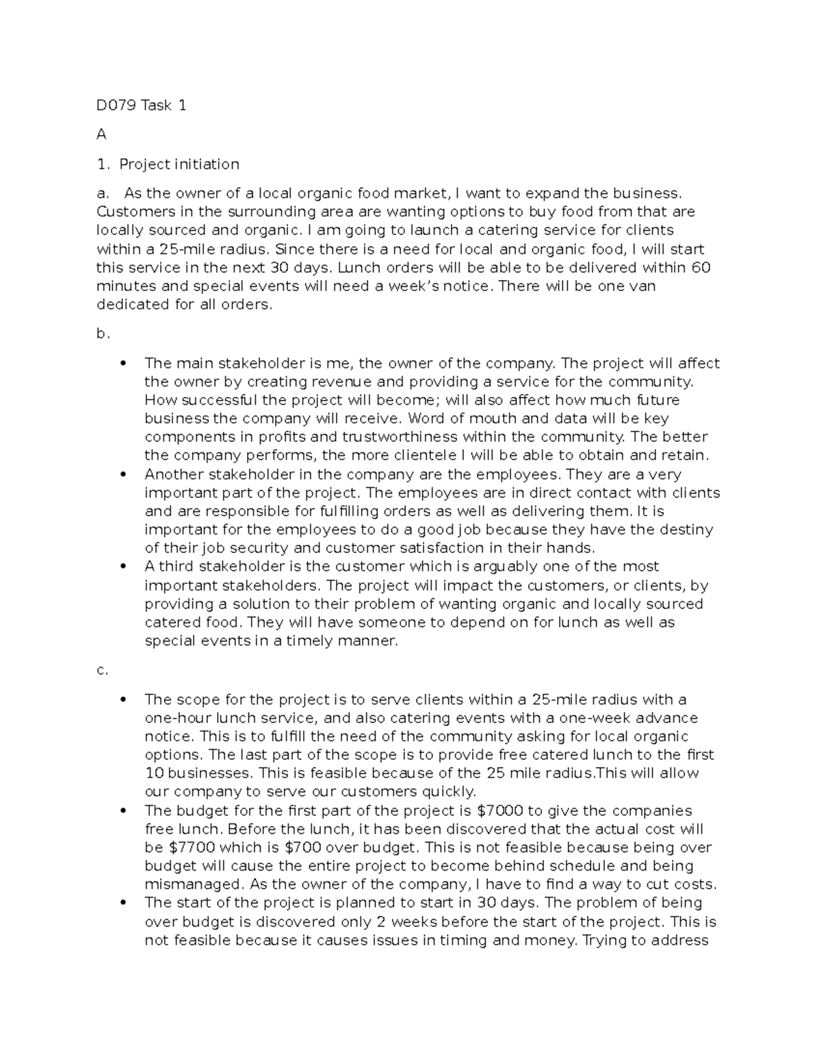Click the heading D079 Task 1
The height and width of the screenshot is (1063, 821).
(141, 105)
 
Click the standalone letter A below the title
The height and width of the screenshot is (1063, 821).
(101, 135)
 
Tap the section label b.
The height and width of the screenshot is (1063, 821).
(103, 334)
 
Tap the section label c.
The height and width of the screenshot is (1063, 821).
(102, 670)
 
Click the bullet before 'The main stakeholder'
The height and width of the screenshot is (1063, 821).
(123, 363)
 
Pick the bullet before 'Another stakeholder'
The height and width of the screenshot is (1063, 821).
(123, 474)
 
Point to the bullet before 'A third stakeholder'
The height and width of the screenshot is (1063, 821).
(123, 567)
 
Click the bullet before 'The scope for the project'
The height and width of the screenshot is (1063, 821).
(123, 700)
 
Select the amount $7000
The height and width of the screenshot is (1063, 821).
(499, 811)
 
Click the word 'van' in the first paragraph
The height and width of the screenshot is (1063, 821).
(642, 286)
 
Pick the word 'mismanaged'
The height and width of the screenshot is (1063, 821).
(183, 884)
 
